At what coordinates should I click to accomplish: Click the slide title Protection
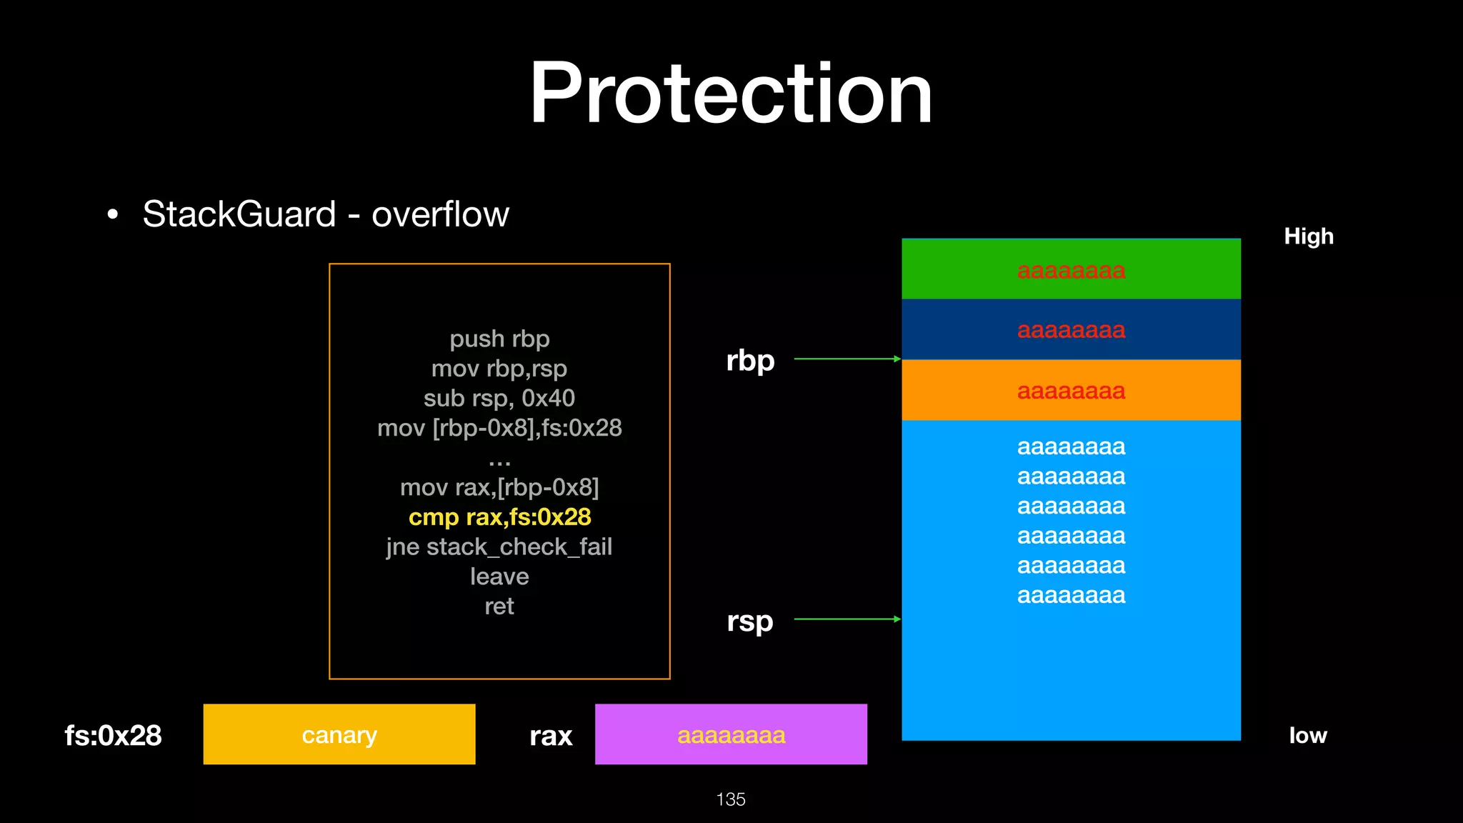[731, 94]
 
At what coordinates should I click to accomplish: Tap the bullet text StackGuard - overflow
[325, 214]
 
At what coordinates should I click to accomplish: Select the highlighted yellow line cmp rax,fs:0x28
[499, 517]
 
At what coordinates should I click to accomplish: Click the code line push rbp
[499, 339]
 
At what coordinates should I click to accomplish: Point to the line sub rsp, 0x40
[499, 398]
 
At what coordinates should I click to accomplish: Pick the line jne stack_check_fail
[499, 547]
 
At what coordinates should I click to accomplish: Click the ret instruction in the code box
[499, 606]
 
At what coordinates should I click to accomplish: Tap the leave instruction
[499, 577]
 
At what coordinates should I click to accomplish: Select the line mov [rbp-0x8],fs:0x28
[499, 428]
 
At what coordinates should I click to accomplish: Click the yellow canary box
[339, 734]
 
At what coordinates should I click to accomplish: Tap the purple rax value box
[731, 734]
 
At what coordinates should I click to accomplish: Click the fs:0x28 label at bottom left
[113, 735]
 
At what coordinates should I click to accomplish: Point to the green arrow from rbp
[847, 359]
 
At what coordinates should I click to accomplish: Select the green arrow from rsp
[847, 619]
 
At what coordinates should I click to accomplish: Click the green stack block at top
[1071, 269]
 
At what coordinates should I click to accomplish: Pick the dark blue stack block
[1071, 329]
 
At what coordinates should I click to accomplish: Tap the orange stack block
[1071, 390]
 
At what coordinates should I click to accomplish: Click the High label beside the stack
[1308, 236]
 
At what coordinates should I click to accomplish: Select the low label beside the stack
[1307, 735]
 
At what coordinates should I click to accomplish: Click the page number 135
[730, 799]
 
